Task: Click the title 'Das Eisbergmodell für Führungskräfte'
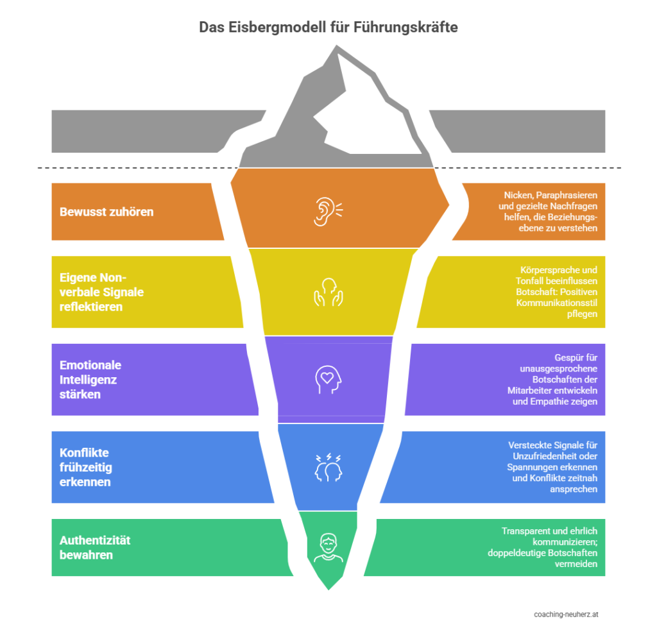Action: (328, 28)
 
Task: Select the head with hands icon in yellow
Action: (328, 291)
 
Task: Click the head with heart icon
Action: (328, 379)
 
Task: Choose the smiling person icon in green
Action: (328, 548)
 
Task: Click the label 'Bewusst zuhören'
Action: (107, 212)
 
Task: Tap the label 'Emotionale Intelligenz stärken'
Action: (90, 379)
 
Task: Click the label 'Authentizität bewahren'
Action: (95, 547)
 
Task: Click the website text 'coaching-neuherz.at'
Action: (567, 614)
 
